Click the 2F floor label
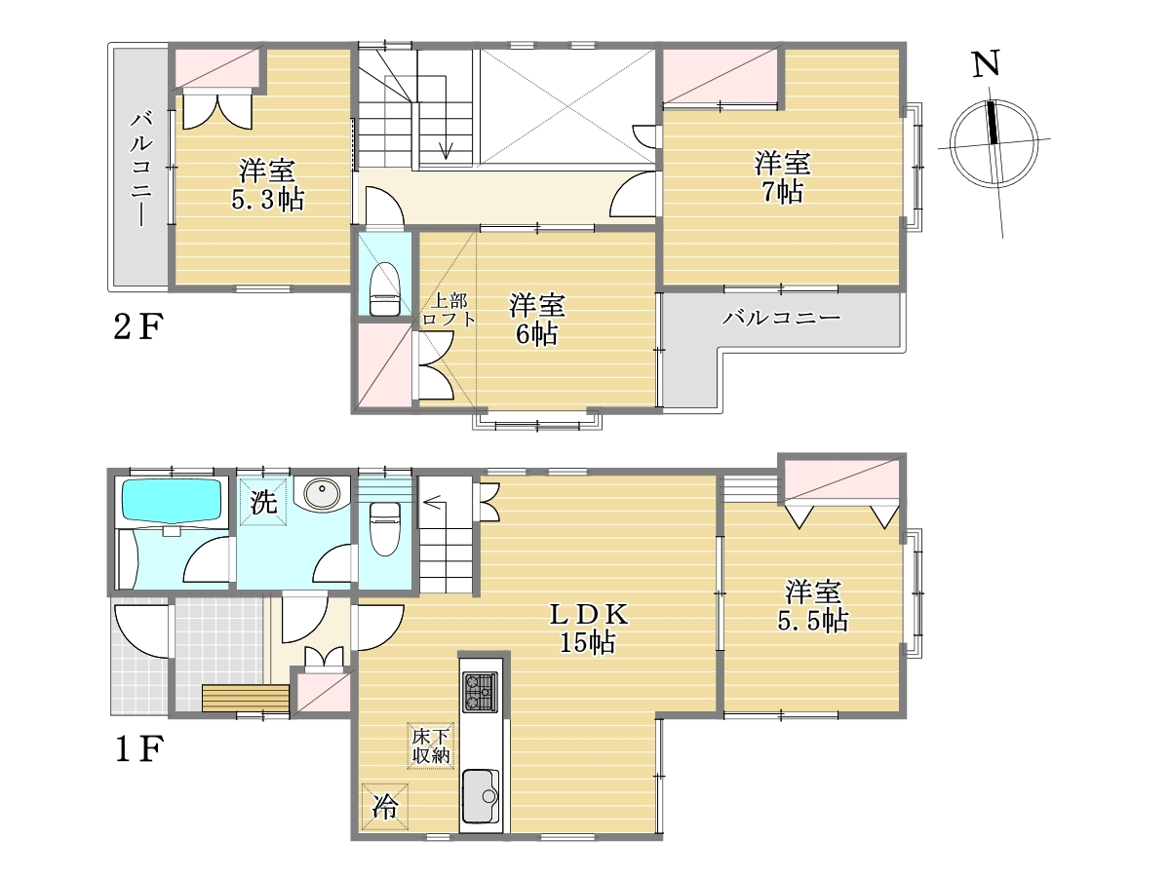(x=138, y=326)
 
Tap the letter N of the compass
(x=986, y=64)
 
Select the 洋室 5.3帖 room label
(x=267, y=185)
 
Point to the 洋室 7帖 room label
(x=782, y=176)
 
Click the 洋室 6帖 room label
(x=537, y=319)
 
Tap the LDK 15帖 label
(x=588, y=629)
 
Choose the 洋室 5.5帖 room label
(x=813, y=606)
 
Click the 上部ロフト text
(x=448, y=310)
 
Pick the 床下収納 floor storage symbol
(x=431, y=745)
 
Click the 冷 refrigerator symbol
(x=384, y=807)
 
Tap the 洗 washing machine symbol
(x=263, y=502)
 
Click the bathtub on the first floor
(x=172, y=501)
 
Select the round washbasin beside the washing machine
(x=321, y=492)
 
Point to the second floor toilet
(x=384, y=289)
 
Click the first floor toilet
(x=384, y=530)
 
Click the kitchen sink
(x=481, y=796)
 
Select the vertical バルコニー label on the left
(x=141, y=169)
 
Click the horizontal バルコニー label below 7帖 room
(x=781, y=318)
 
